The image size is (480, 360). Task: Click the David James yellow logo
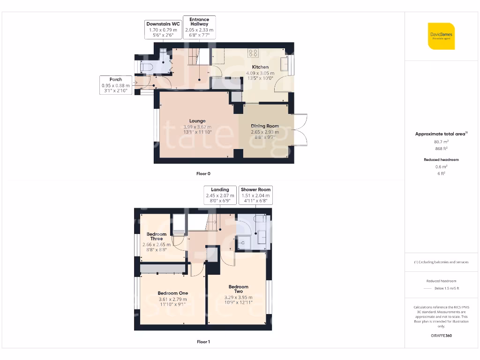tap(441, 36)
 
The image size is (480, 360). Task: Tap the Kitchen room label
tap(260, 67)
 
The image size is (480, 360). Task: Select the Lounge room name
tap(197, 121)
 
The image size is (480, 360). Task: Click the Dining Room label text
tap(265, 126)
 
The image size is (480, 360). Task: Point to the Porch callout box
tap(116, 85)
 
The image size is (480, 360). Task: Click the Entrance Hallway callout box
tap(199, 28)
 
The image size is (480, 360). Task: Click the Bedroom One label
tap(173, 293)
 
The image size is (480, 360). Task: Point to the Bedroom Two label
tap(238, 289)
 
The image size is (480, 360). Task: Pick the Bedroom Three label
tap(156, 236)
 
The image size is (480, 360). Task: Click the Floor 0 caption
tap(203, 173)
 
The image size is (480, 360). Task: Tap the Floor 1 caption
tap(203, 342)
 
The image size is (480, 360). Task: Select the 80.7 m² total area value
tap(441, 141)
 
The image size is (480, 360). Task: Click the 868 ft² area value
tap(441, 149)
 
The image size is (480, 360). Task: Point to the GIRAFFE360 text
tap(441, 336)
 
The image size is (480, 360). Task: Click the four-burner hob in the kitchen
tap(254, 53)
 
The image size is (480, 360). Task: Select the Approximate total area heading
tap(441, 134)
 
